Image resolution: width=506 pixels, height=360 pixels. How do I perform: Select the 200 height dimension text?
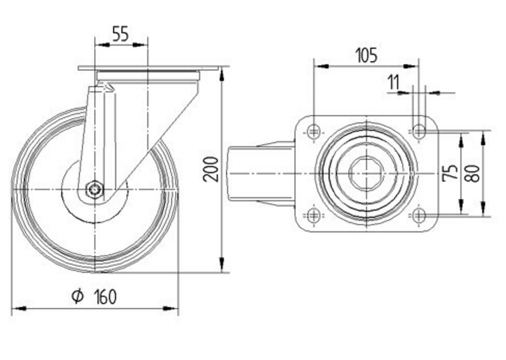pyautogui.click(x=211, y=169)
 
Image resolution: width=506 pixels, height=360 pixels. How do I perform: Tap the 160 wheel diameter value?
pyautogui.click(x=105, y=297)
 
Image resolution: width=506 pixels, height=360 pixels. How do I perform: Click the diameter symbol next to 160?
pyautogui.click(x=77, y=296)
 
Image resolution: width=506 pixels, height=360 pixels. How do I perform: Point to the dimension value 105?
pyautogui.click(x=366, y=55)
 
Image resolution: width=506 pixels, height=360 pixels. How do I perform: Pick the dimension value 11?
pyautogui.click(x=394, y=82)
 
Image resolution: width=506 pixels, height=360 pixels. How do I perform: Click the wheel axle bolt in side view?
pyautogui.click(x=95, y=190)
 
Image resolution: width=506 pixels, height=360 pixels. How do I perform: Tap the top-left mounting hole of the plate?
pyautogui.click(x=314, y=132)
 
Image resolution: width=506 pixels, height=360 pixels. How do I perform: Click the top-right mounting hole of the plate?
pyautogui.click(x=418, y=132)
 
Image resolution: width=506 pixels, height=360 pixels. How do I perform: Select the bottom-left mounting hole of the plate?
pyautogui.click(x=314, y=215)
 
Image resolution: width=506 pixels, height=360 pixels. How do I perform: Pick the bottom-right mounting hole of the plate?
pyautogui.click(x=418, y=215)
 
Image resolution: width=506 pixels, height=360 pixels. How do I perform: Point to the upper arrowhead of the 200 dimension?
pyautogui.click(x=222, y=74)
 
